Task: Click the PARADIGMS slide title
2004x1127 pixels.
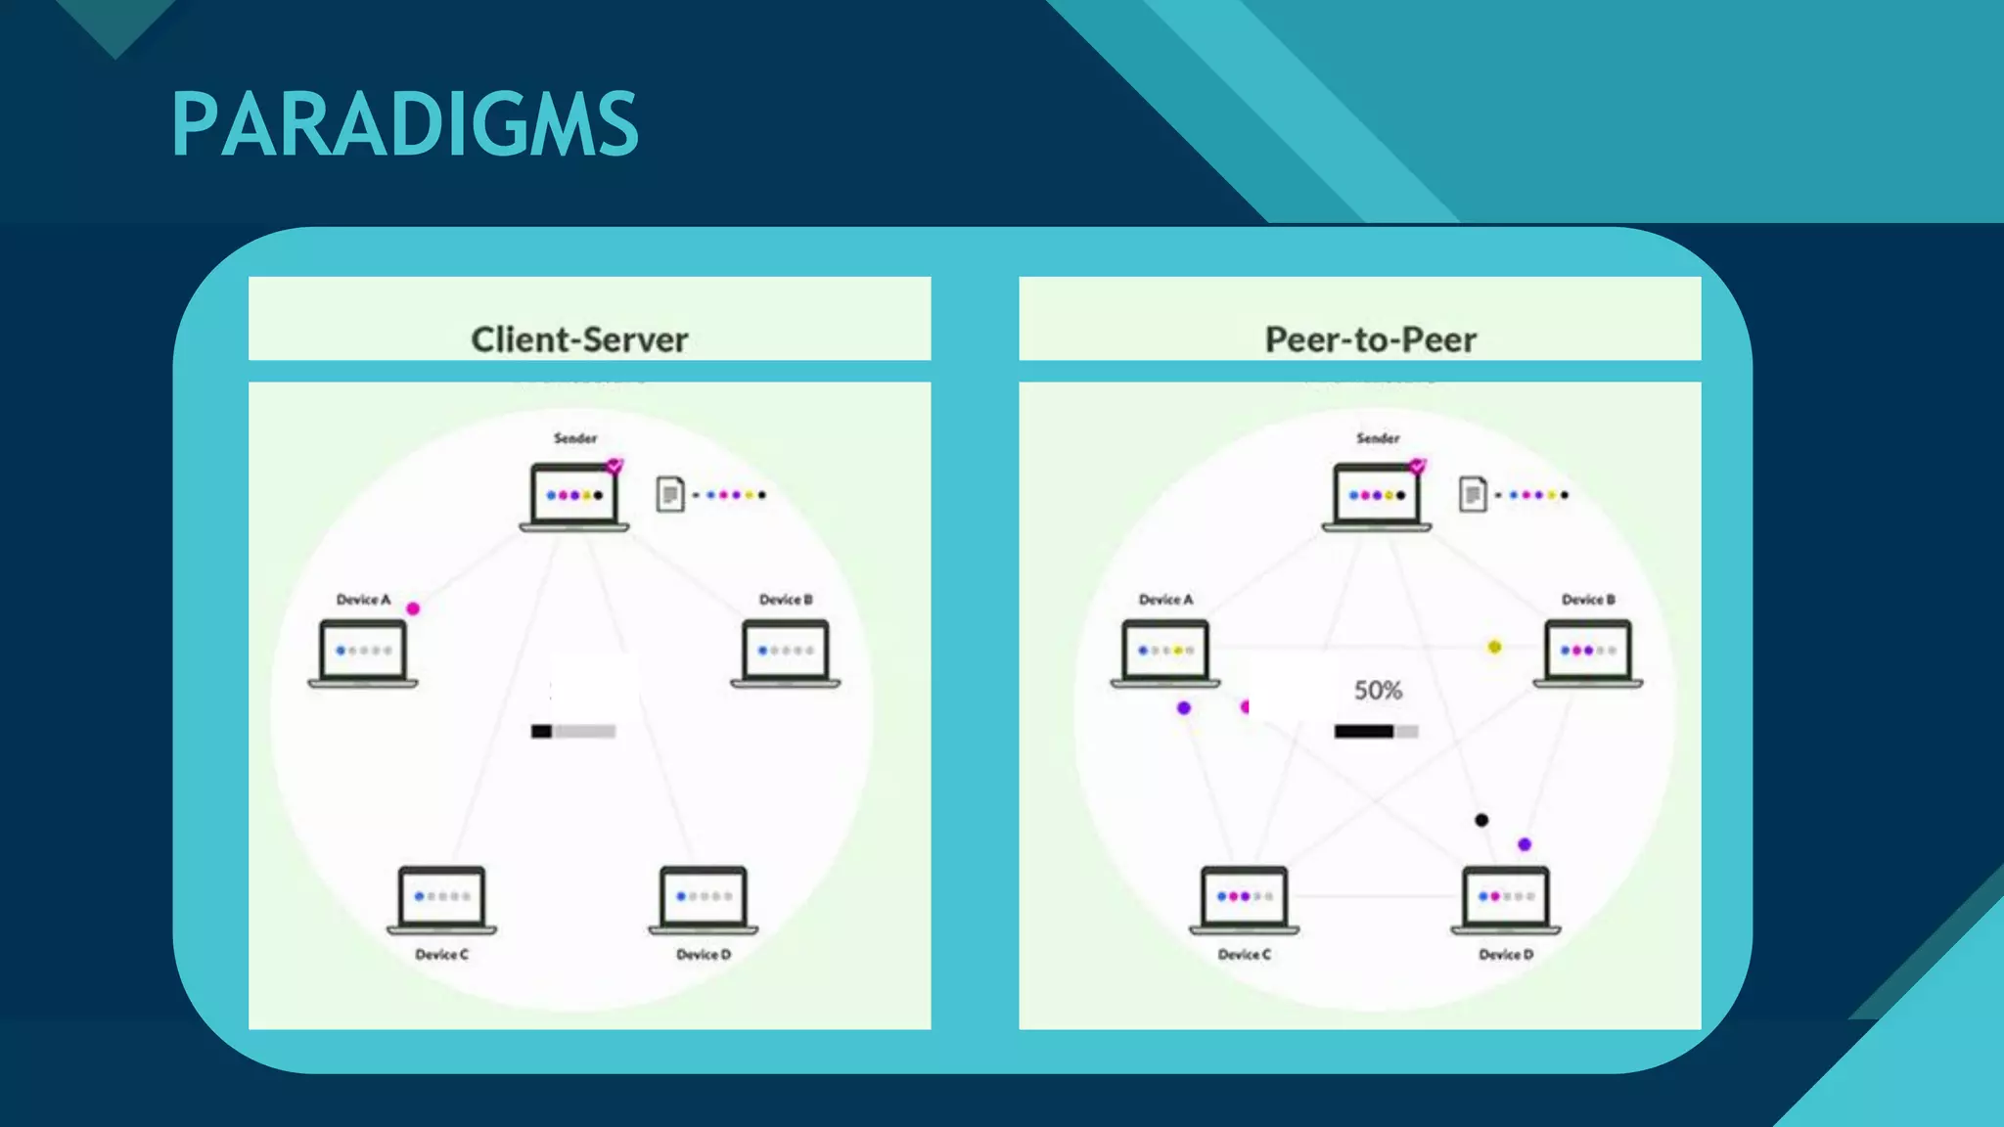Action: [x=404, y=124]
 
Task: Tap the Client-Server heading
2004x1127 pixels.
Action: [x=579, y=339]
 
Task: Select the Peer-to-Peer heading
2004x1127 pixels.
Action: [x=1370, y=339]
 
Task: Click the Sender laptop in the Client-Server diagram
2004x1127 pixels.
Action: [x=574, y=497]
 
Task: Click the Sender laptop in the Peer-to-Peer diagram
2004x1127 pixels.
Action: [x=1377, y=497]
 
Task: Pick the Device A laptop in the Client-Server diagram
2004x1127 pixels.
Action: [x=363, y=653]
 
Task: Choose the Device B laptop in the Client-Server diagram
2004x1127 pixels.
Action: [x=786, y=653]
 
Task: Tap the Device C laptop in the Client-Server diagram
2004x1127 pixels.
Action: [x=442, y=899]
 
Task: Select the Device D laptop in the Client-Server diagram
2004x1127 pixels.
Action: [x=704, y=899]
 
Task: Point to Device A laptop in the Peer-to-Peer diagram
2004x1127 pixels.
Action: [x=1165, y=653]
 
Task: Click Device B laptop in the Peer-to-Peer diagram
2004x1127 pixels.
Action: [x=1588, y=653]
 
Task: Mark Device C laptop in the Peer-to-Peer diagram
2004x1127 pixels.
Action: [x=1245, y=899]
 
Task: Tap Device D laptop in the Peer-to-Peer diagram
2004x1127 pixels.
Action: [x=1506, y=899]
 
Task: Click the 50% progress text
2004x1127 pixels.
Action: [x=1378, y=691]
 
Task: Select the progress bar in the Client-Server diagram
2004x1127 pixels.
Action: [x=573, y=731]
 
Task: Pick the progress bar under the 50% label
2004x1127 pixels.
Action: [x=1376, y=731]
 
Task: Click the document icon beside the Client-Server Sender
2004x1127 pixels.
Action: [x=669, y=494]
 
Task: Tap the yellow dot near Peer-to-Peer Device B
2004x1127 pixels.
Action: [x=1494, y=647]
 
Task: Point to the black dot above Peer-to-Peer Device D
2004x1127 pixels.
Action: [x=1481, y=820]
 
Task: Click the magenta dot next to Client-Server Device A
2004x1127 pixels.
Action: [x=413, y=609]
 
